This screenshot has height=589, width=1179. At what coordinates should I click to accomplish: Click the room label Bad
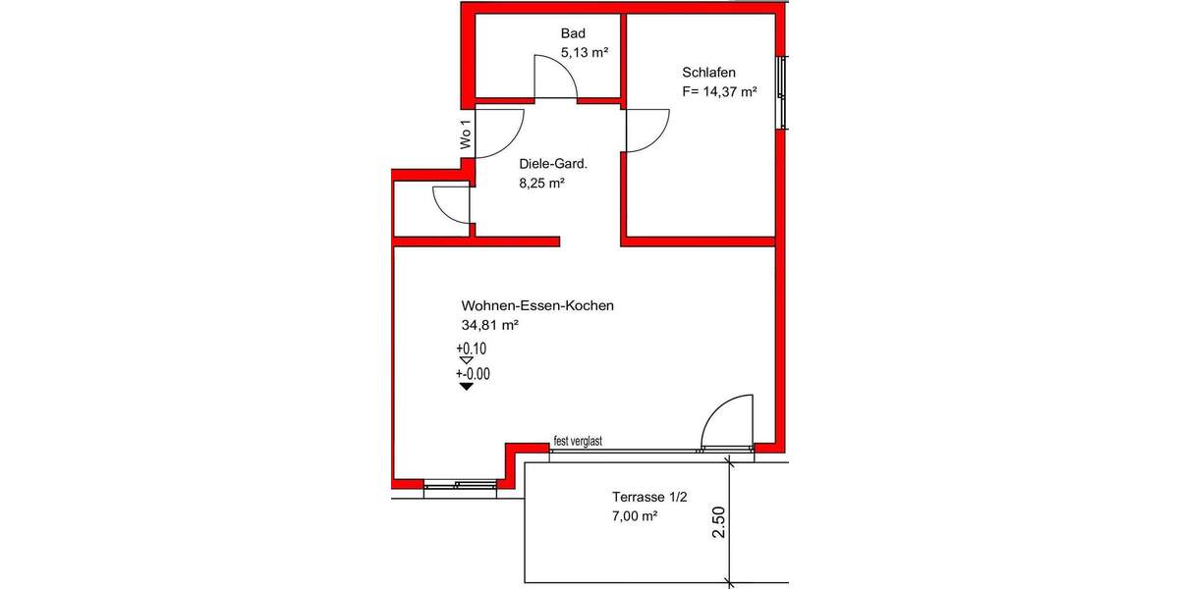pyautogui.click(x=573, y=34)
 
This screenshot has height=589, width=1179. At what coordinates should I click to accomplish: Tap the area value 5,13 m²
pyautogui.click(x=585, y=53)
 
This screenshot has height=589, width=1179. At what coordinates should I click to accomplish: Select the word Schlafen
pyautogui.click(x=708, y=73)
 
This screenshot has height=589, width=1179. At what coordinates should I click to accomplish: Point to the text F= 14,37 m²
pyautogui.click(x=719, y=92)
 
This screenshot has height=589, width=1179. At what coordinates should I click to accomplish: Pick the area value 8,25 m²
pyautogui.click(x=541, y=184)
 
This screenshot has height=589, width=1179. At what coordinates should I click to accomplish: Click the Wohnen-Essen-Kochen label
pyautogui.click(x=537, y=305)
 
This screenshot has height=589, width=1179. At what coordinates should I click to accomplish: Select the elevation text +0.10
pyautogui.click(x=472, y=348)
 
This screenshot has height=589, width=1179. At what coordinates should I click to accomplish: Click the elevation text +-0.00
pyautogui.click(x=473, y=374)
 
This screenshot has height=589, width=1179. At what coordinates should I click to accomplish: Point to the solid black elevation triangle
pyautogui.click(x=467, y=387)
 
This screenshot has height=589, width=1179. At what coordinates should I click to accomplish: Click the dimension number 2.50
pyautogui.click(x=719, y=523)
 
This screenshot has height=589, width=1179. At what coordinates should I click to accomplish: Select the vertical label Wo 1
pyautogui.click(x=466, y=134)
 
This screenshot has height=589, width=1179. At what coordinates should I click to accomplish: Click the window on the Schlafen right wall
pyautogui.click(x=781, y=92)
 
